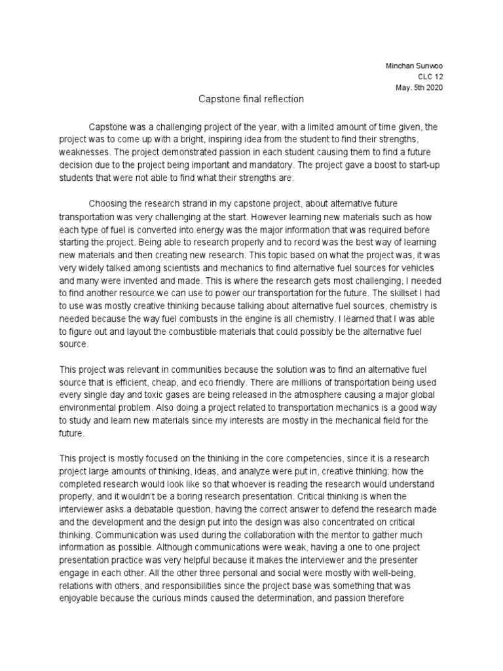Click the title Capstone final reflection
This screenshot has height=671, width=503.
tap(252, 100)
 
